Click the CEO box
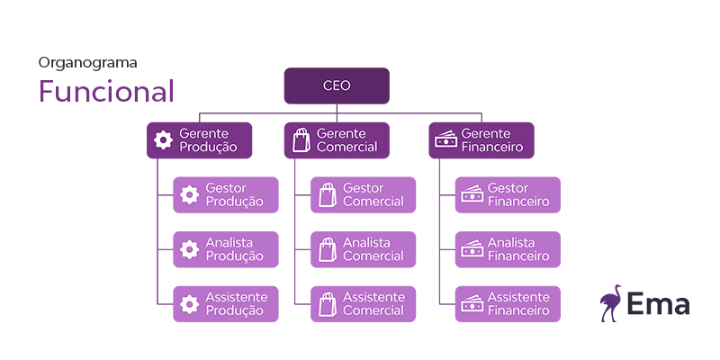pyautogui.click(x=337, y=85)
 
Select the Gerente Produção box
pyautogui.click(x=199, y=140)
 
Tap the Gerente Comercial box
pyautogui.click(x=337, y=140)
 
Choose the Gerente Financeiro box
pyautogui.click(x=481, y=140)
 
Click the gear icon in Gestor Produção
pyautogui.click(x=189, y=194)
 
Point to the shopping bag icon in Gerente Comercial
pyautogui.click(x=301, y=140)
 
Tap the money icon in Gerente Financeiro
pyautogui.click(x=445, y=140)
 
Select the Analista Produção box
pyautogui.click(x=226, y=249)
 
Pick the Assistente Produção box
pyautogui.click(x=226, y=303)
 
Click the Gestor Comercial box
pyautogui.click(x=364, y=194)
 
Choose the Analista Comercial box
pyautogui.click(x=364, y=249)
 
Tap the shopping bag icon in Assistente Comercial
pyautogui.click(x=327, y=303)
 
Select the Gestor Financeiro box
pyautogui.click(x=508, y=194)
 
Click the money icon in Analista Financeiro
pyautogui.click(x=472, y=249)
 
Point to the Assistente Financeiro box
pyautogui.click(x=508, y=303)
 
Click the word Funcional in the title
pyautogui.click(x=105, y=92)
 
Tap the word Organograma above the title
pyautogui.click(x=87, y=63)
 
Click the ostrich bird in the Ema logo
pyautogui.click(x=612, y=301)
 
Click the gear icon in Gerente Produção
pyautogui.click(x=163, y=140)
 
